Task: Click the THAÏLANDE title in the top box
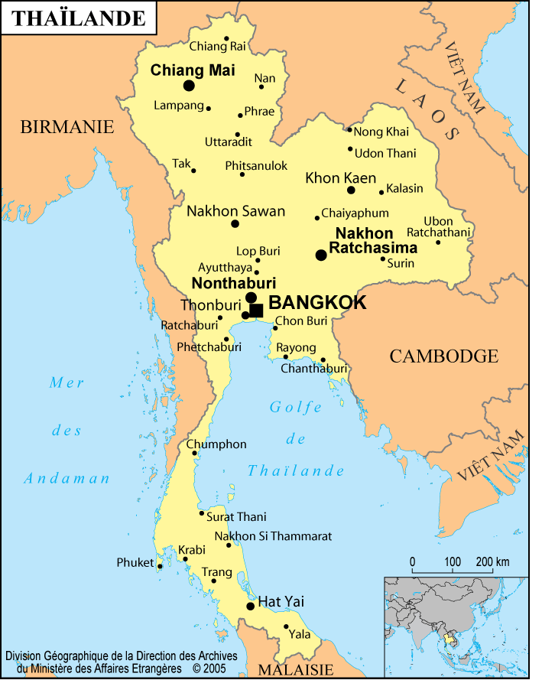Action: pyautogui.click(x=79, y=18)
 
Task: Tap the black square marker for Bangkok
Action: pyautogui.click(x=257, y=310)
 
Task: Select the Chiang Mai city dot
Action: pyautogui.click(x=189, y=86)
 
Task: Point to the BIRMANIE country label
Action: pyautogui.click(x=67, y=127)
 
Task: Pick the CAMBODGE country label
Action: pyautogui.click(x=443, y=356)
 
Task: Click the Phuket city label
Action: pyautogui.click(x=135, y=562)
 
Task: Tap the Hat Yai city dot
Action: pyautogui.click(x=250, y=606)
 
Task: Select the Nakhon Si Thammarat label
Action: pyautogui.click(x=273, y=536)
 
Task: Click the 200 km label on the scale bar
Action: pyautogui.click(x=492, y=562)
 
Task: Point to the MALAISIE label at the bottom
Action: pyautogui.click(x=295, y=670)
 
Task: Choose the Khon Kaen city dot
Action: pyautogui.click(x=351, y=190)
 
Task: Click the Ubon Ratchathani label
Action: pyautogui.click(x=438, y=226)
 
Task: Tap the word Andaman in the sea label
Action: pyautogui.click(x=67, y=479)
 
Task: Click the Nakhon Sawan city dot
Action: pyautogui.click(x=235, y=223)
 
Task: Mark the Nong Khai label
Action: pyautogui.click(x=381, y=132)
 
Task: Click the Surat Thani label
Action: pyautogui.click(x=236, y=517)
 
